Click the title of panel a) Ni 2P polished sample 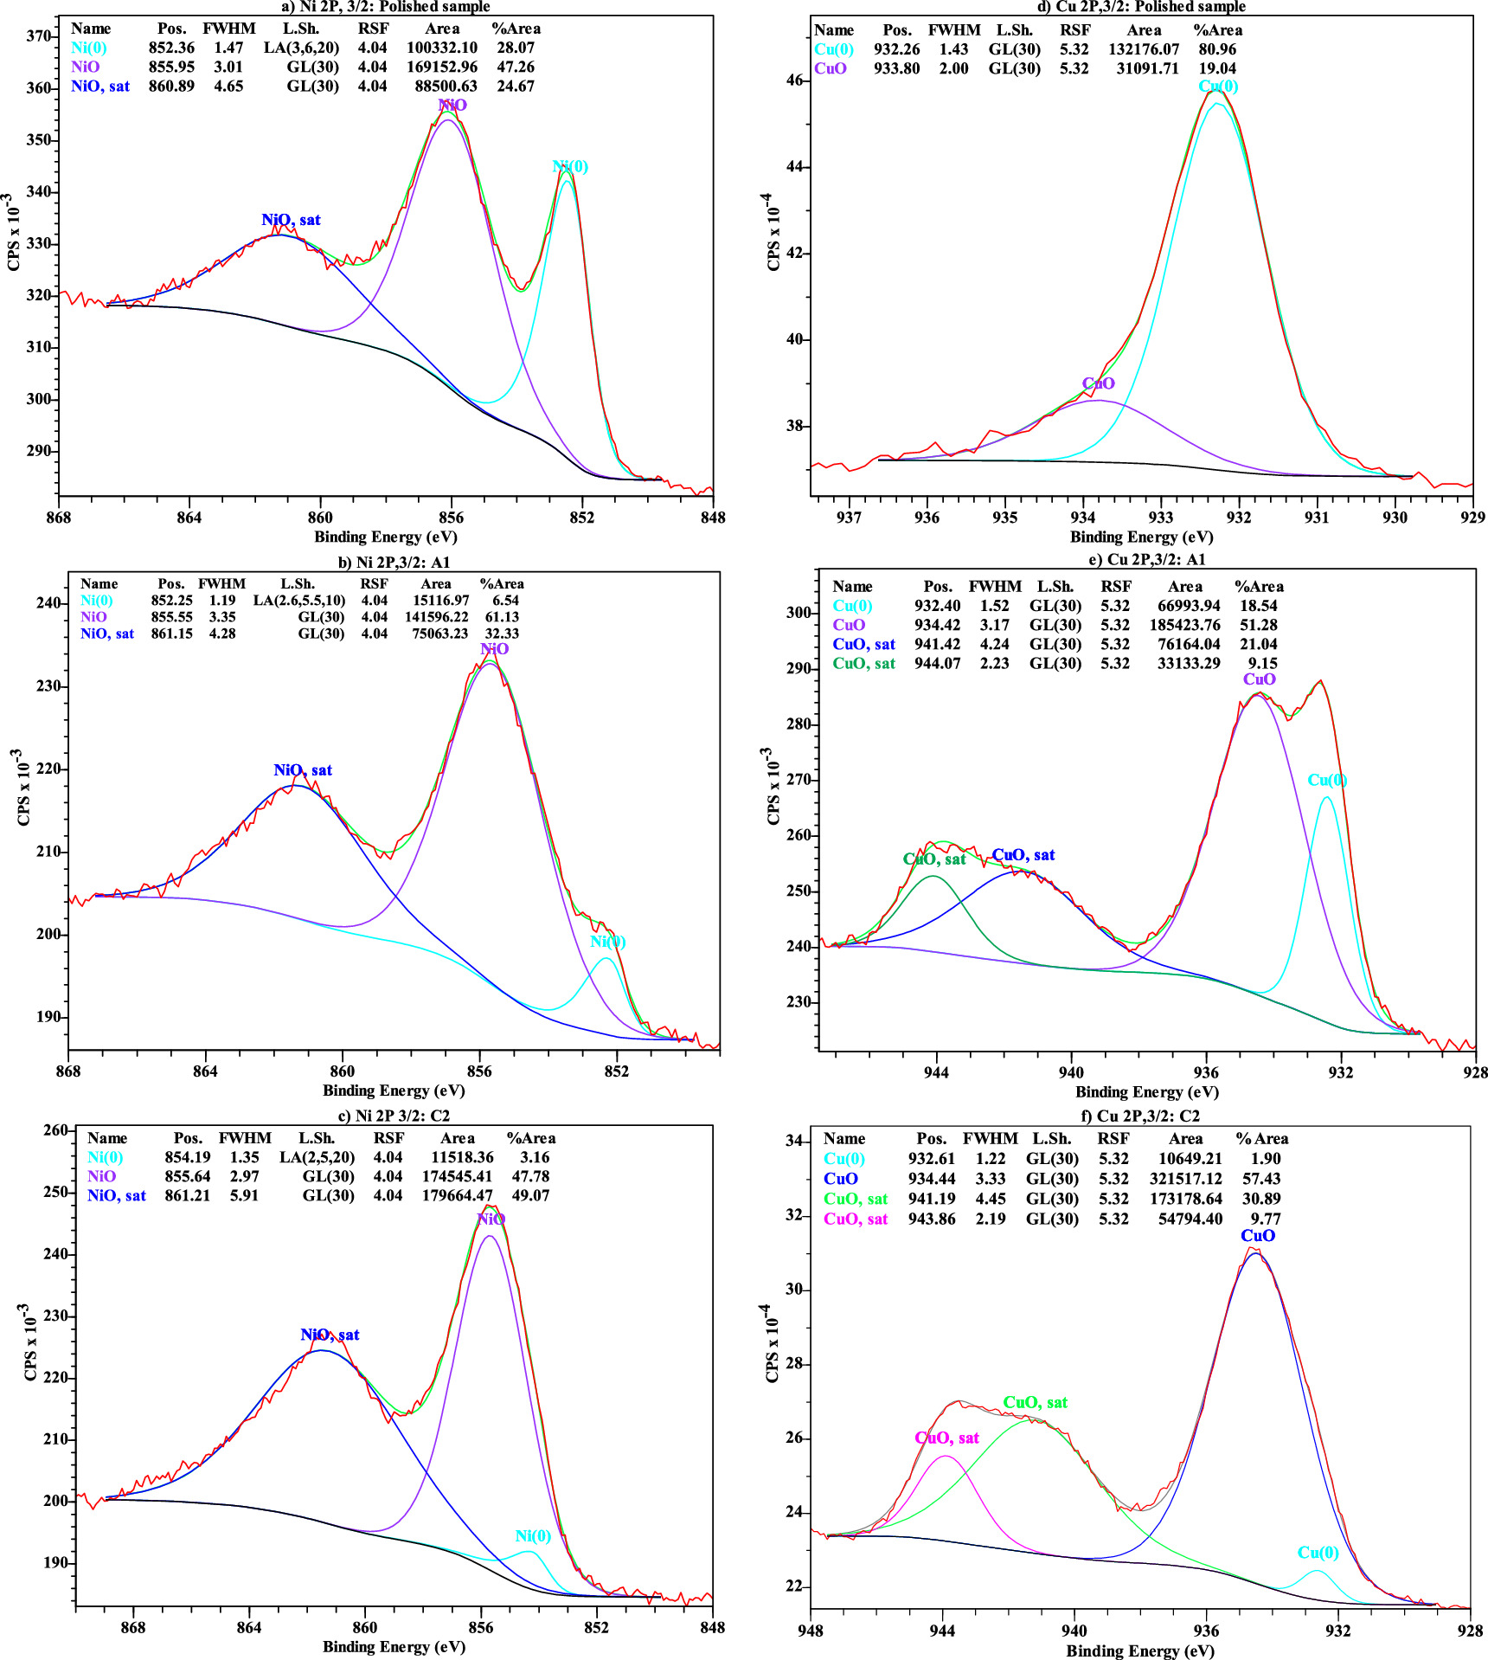click(385, 7)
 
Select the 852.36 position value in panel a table click(171, 48)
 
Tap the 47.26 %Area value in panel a click(516, 68)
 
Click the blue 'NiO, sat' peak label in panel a click(291, 220)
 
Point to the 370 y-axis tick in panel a click(39, 36)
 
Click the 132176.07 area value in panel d click(1144, 49)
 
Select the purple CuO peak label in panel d click(1098, 383)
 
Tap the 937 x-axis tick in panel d click(850, 518)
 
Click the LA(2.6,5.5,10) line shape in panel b click(299, 601)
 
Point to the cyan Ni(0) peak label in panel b click(607, 942)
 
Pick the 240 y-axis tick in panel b click(48, 603)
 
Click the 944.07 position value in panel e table click(937, 664)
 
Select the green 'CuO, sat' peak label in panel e click(934, 859)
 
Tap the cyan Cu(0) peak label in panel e click(1327, 780)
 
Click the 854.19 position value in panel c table click(188, 1157)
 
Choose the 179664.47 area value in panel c click(458, 1195)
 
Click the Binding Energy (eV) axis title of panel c click(394, 1646)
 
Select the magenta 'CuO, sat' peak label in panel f click(946, 1438)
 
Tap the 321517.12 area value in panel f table click(1186, 1179)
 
